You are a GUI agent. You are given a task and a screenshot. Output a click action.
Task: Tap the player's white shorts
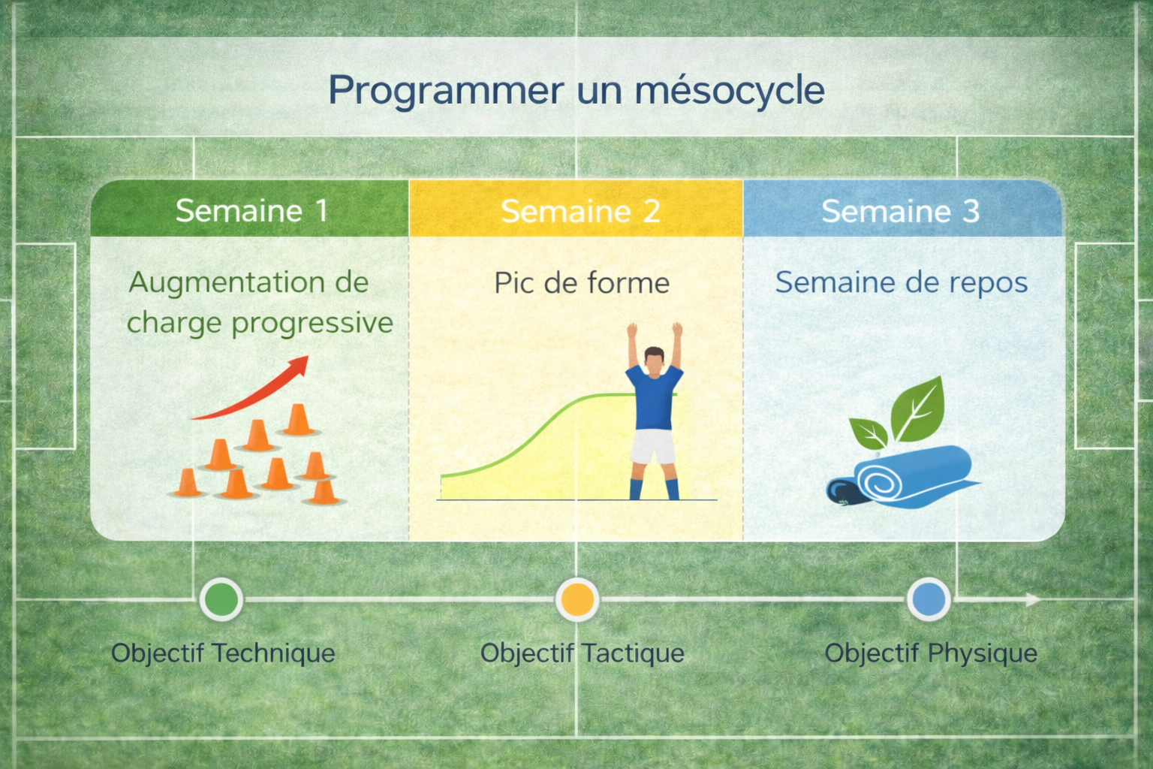(x=653, y=447)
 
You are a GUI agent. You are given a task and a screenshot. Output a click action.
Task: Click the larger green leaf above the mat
(x=919, y=409)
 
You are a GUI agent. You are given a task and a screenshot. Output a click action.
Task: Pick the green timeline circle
(x=221, y=599)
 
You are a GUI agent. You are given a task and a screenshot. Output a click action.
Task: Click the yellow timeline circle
(x=577, y=599)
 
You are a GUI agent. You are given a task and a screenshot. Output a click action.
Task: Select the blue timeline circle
(x=929, y=599)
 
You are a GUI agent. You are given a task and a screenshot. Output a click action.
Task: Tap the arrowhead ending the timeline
(x=1034, y=599)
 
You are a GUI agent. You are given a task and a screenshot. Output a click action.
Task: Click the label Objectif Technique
(x=224, y=653)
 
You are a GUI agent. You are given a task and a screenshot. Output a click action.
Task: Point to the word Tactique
(x=634, y=653)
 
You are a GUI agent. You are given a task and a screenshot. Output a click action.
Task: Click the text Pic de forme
(x=582, y=283)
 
